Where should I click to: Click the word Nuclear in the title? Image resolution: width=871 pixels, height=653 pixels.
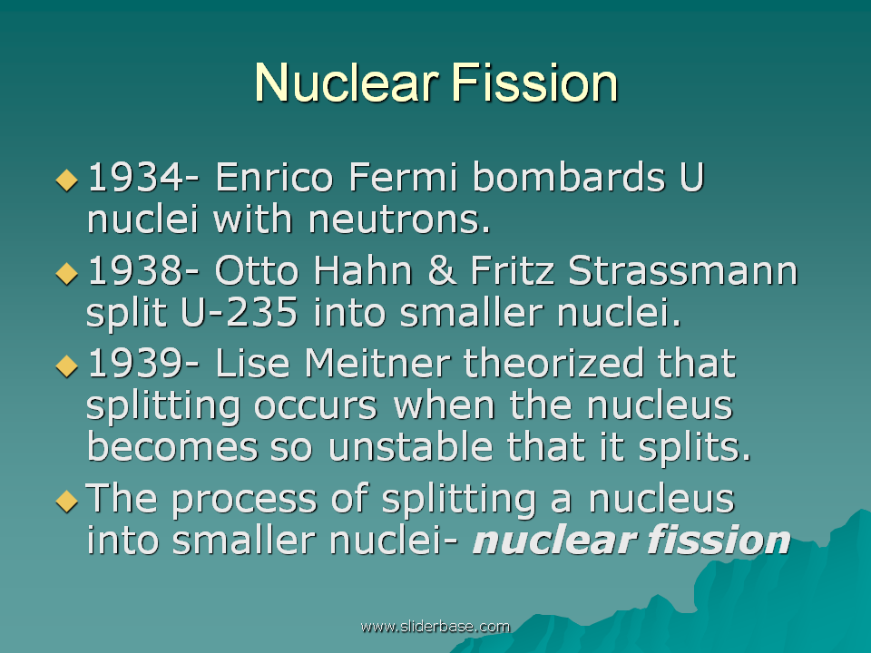347,83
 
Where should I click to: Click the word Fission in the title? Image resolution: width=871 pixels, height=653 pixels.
535,83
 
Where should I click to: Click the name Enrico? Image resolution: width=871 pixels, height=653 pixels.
274,177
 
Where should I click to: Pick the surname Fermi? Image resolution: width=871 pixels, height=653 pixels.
403,177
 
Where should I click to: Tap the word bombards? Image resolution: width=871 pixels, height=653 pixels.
569,177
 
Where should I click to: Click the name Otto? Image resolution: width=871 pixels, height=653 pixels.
257,270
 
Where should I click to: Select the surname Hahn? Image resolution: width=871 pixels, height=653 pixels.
363,270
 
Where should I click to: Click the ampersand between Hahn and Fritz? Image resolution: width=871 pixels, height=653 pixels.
442,270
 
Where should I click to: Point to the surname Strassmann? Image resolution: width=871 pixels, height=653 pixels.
683,270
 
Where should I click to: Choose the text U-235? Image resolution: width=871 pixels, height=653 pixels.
240,312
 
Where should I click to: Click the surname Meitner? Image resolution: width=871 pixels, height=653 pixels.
377,363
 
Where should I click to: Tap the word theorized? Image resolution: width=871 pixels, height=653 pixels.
553,363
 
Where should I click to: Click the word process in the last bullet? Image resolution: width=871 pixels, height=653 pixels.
244,499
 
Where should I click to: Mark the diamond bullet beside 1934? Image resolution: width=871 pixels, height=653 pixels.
66,180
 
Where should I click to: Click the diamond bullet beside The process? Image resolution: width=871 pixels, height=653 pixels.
66,501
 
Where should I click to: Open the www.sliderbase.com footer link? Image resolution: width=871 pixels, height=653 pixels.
435,627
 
